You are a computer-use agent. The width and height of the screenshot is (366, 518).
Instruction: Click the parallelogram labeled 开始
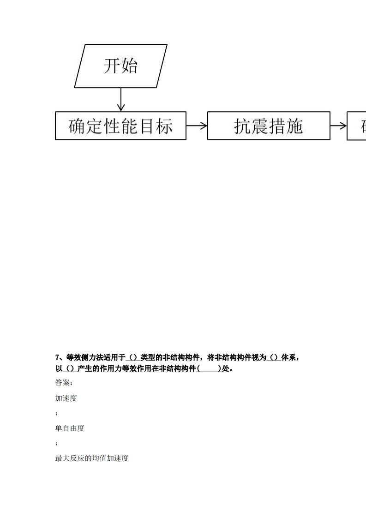point(120,66)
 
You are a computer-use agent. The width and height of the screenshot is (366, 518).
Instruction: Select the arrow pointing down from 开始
point(121,99)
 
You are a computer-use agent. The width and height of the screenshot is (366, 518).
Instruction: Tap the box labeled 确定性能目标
point(120,126)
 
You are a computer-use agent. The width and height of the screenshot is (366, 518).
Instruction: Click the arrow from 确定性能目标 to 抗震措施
point(197,126)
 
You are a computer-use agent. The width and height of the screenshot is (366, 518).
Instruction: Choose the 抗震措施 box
point(269,126)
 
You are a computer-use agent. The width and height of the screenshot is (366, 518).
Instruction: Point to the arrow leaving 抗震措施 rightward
point(338,126)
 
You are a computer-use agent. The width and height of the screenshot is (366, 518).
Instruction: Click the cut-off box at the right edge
point(357,126)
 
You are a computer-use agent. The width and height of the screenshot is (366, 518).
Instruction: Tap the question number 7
point(58,357)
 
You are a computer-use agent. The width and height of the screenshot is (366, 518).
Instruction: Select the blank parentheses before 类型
point(133,357)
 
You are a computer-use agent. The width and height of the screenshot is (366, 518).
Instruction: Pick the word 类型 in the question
point(148,357)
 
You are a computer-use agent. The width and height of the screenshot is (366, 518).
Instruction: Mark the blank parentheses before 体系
point(274,357)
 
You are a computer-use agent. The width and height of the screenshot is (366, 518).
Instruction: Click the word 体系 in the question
point(288,357)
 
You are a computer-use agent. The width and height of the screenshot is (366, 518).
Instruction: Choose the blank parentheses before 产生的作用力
point(70,368)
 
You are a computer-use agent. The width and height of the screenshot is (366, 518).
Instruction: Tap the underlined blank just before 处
point(209,368)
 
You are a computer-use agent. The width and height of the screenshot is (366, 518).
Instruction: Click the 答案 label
point(62,383)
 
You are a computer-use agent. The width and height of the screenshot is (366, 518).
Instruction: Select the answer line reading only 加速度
point(66,398)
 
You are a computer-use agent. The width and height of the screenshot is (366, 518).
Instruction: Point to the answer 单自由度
point(70,428)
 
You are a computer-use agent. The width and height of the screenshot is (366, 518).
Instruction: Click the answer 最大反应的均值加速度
point(92,458)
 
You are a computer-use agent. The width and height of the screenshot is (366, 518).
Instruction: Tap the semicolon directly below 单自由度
point(56,443)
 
